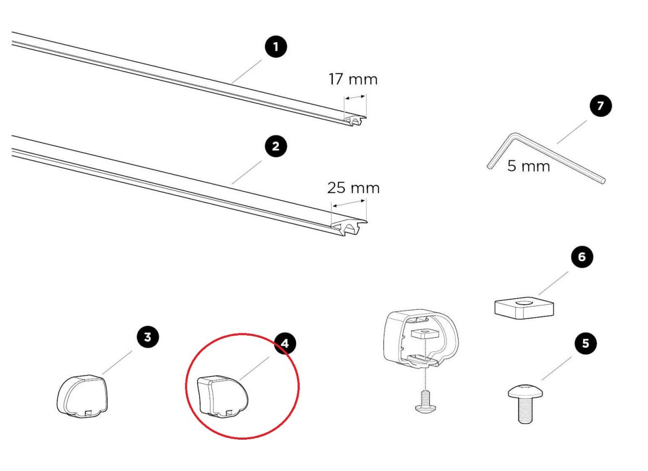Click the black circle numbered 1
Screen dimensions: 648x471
pos(276,47)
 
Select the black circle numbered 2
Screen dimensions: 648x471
pos(276,146)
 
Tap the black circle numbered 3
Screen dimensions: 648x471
pos(148,337)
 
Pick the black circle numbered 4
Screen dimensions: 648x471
pos(285,343)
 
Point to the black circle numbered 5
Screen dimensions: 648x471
pos(586,343)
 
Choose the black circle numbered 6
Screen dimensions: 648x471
pos(582,257)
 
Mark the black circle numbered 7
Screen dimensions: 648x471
pos(601,105)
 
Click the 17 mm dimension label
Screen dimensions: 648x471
pos(353,79)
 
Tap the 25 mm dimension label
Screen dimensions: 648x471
pos(353,188)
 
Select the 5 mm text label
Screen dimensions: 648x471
pos(529,166)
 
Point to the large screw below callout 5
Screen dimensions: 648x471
pos(525,404)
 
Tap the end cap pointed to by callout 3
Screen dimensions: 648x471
pos(82,395)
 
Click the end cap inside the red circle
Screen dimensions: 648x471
pos(222,397)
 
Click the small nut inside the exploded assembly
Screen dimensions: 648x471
pos(425,335)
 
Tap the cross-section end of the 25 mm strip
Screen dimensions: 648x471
pos(349,228)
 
